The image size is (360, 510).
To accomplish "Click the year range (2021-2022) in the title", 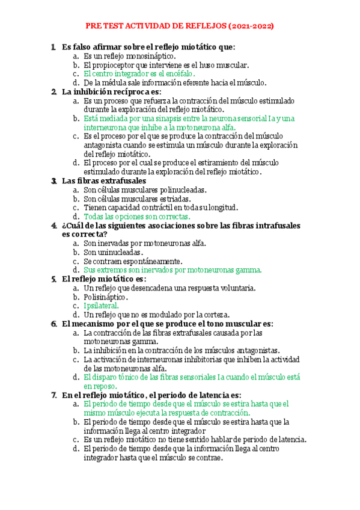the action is pos(252,27).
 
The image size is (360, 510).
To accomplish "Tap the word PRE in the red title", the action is pos(94,27).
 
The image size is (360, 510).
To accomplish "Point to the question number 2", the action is pos(54,92).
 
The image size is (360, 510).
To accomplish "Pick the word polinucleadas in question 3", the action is pos(178,189).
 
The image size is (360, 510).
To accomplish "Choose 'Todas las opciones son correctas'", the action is pos(137,217).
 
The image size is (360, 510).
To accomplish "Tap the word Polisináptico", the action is pos(106,297).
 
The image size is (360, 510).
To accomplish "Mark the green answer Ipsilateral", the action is pos(102,306).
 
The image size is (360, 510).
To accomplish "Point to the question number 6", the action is pos(54,324).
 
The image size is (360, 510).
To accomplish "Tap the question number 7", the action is pos(54,395).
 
